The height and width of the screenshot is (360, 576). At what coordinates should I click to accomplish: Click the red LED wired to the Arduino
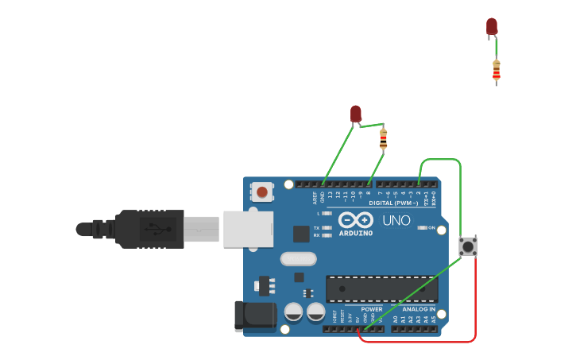point(356,114)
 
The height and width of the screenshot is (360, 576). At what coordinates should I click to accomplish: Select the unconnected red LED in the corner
point(492,26)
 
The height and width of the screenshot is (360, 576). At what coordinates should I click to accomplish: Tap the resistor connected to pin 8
point(383,139)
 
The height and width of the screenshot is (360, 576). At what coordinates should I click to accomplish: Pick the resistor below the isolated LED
point(497,72)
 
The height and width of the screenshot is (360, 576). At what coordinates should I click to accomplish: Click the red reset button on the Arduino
point(262,192)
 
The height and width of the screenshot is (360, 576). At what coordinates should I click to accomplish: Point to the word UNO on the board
point(396,220)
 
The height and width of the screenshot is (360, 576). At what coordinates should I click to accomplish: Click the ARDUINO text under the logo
point(355,233)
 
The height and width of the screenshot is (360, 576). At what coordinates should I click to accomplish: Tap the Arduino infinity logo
point(355,220)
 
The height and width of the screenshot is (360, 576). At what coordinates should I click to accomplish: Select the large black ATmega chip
point(381,288)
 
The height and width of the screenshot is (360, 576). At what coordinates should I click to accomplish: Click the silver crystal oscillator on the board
point(298,258)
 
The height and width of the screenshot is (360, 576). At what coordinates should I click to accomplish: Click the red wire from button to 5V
point(475,310)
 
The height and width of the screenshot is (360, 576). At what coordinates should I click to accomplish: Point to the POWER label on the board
point(372,309)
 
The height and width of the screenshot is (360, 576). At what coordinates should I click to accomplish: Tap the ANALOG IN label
point(418,309)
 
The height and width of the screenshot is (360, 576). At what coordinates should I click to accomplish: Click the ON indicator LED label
point(431,228)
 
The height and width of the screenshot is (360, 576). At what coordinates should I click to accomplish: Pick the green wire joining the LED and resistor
point(370,124)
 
